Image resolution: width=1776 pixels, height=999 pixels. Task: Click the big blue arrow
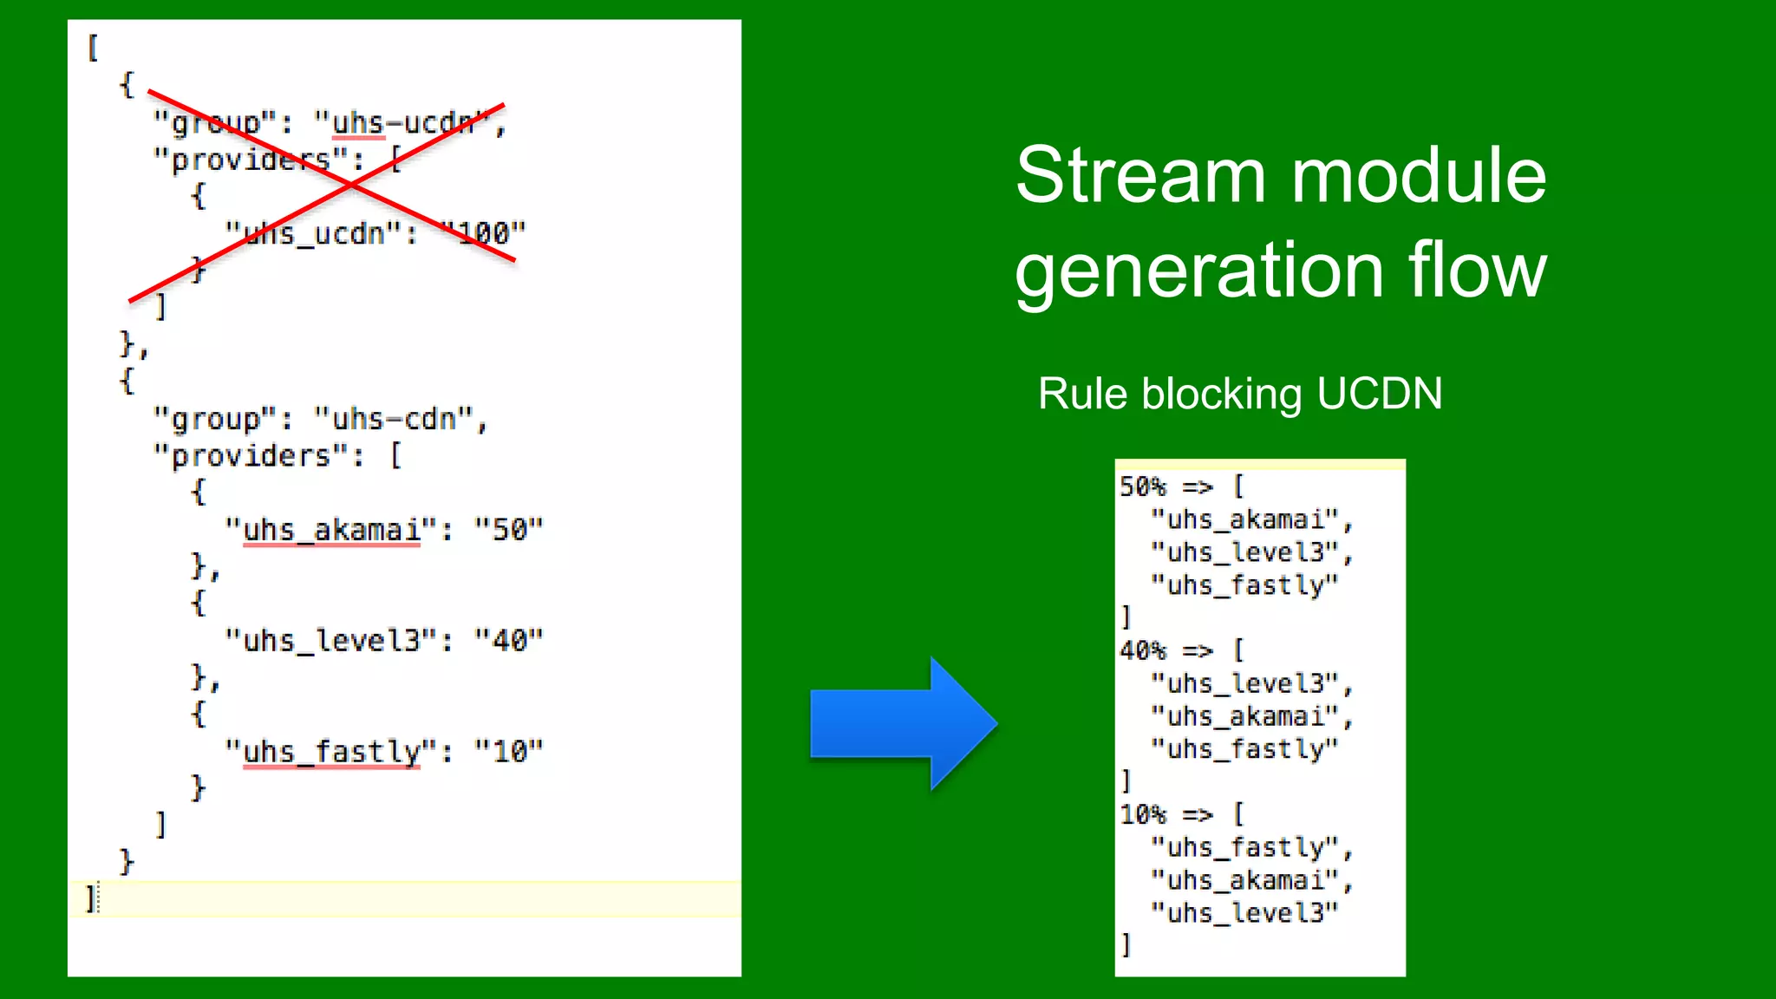pyautogui.click(x=902, y=723)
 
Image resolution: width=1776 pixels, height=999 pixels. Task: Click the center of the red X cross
pyautogui.click(x=351, y=185)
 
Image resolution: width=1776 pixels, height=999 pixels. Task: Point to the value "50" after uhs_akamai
pyautogui.click(x=509, y=529)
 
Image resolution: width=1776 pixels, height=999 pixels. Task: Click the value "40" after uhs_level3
pyautogui.click(x=509, y=640)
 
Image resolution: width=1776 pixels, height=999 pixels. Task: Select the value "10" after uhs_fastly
pyautogui.click(x=509, y=751)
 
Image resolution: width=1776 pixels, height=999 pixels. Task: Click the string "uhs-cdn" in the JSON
pyautogui.click(x=395, y=419)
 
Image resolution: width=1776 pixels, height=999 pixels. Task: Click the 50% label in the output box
pyautogui.click(x=1143, y=486)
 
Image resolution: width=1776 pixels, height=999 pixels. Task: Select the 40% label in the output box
pyautogui.click(x=1143, y=650)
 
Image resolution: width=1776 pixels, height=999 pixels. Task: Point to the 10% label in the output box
pyautogui.click(x=1143, y=814)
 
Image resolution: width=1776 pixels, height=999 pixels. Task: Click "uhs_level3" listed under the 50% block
pyautogui.click(x=1245, y=552)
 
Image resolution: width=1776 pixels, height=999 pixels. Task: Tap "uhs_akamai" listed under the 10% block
pyautogui.click(x=1245, y=880)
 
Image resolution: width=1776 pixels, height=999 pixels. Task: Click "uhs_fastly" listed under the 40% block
pyautogui.click(x=1245, y=749)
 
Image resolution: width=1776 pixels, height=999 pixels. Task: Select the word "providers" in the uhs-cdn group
pyautogui.click(x=251, y=455)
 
